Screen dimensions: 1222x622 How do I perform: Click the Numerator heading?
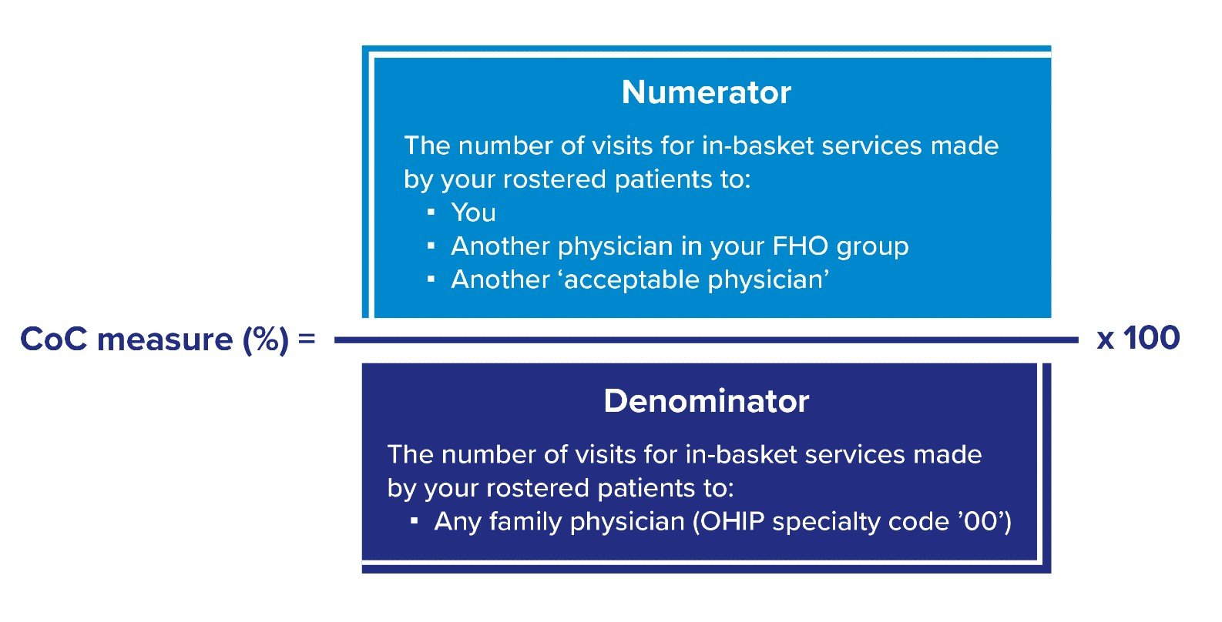706,92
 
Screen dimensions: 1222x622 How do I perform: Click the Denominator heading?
707,401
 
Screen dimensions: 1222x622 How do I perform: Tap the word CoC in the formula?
53,339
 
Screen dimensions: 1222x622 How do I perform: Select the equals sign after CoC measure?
307,339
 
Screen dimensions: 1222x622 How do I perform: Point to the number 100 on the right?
1152,338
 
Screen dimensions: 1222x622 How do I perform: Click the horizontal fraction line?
707,340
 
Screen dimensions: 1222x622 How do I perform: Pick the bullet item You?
474,212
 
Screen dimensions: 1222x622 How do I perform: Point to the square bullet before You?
431,212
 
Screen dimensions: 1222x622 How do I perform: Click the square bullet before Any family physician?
414,521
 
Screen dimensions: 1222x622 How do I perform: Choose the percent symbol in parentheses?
266,339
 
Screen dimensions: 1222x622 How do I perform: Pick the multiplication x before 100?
1105,340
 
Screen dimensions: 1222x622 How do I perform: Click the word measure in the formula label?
165,340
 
